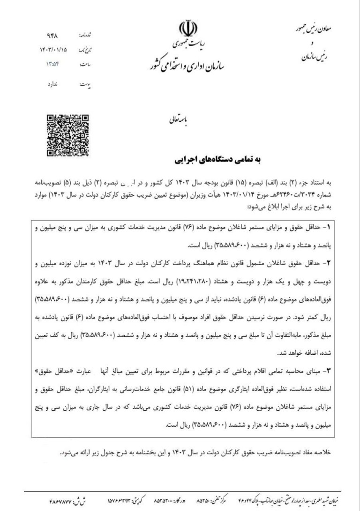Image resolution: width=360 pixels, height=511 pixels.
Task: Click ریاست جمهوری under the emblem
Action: point(187,46)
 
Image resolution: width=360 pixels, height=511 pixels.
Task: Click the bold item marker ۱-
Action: point(327,227)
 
